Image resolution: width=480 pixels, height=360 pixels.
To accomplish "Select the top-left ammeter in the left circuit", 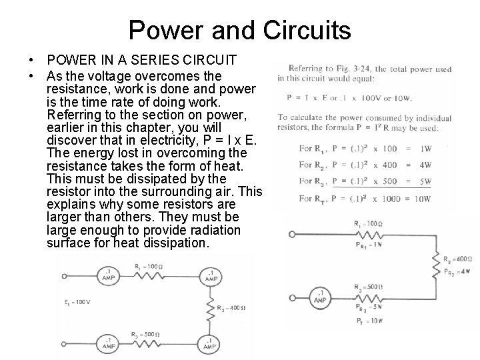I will (109, 274).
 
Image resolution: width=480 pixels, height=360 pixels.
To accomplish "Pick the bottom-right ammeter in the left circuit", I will (211, 345).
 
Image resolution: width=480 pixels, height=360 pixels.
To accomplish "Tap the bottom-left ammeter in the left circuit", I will (109, 345).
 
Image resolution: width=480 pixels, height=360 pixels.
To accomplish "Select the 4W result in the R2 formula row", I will (425, 164).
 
